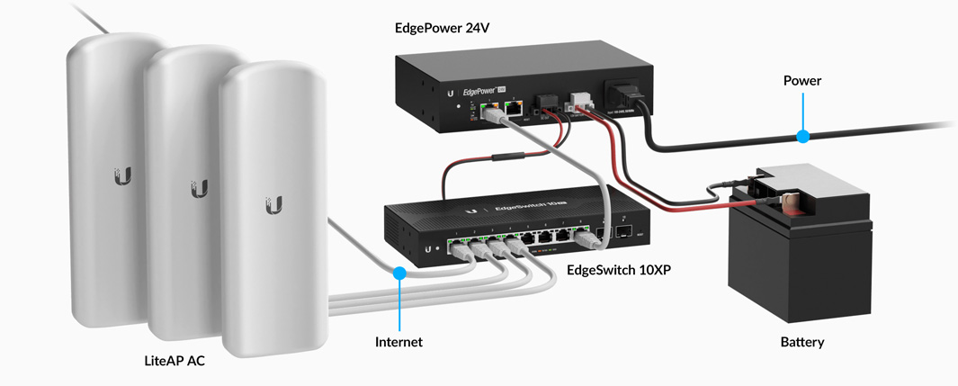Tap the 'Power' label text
coord(802,81)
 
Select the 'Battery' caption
coord(802,342)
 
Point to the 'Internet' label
coord(398,342)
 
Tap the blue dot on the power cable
coord(802,137)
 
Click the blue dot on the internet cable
coord(399,271)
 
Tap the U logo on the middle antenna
coord(199,189)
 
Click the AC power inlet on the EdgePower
coord(626,94)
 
